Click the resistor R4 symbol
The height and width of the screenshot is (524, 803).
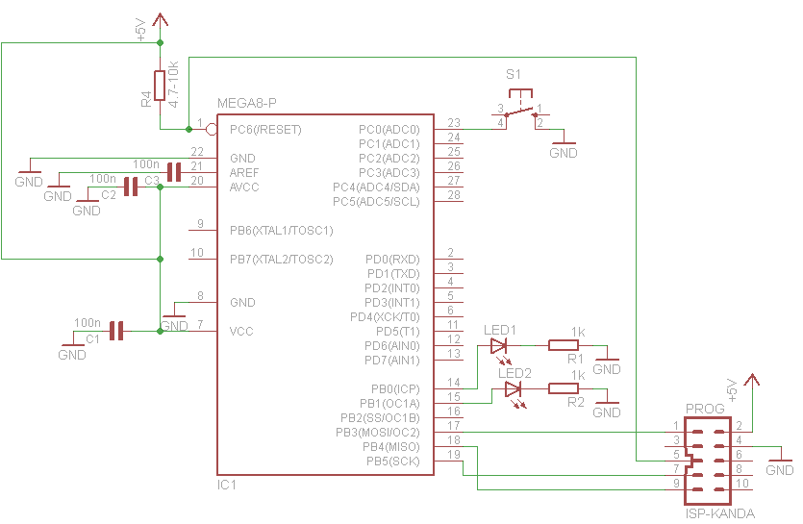tap(160, 86)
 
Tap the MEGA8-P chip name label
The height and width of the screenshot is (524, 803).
tap(247, 104)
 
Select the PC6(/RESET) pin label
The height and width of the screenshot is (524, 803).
tap(265, 130)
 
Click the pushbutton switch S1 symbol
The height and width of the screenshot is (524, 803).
tap(520, 109)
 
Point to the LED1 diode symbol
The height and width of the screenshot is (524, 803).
tap(499, 346)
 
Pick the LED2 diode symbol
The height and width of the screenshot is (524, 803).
tap(514, 389)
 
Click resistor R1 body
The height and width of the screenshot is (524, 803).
tap(564, 345)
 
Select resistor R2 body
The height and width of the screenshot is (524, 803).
tap(564, 388)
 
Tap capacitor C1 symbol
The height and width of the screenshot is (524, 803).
tap(116, 331)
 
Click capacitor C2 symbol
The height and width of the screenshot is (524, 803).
tap(131, 187)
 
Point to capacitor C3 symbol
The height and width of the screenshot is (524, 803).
tap(174, 173)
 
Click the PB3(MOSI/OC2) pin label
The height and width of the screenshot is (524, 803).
tap(377, 433)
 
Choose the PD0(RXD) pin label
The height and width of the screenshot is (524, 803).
tap(392, 260)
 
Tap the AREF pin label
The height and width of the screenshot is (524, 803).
tap(244, 173)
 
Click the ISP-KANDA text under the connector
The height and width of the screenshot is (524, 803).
tap(720, 513)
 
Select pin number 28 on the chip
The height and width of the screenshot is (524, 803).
tap(454, 194)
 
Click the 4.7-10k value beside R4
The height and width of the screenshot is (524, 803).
tap(174, 84)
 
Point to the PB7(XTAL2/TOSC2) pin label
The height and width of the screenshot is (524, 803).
tap(281, 260)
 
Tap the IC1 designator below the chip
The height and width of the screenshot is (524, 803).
tap(227, 485)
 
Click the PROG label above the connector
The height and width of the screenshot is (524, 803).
tap(705, 409)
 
